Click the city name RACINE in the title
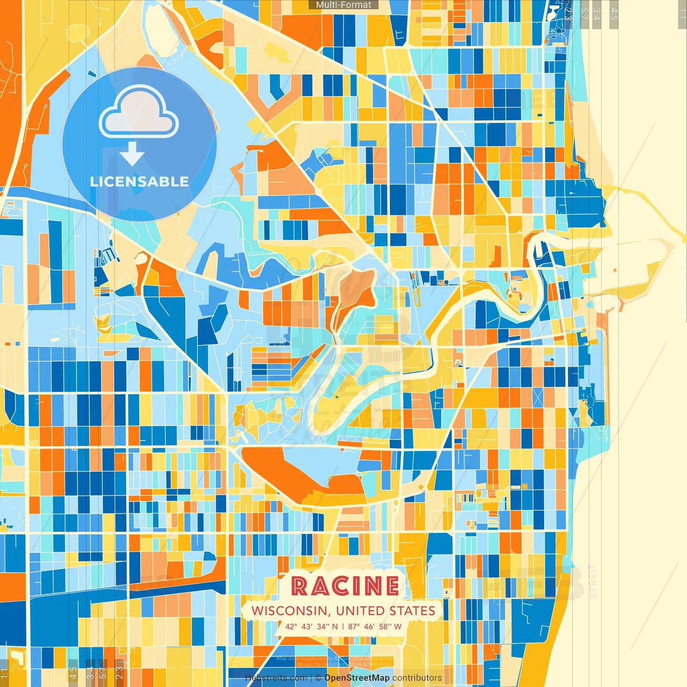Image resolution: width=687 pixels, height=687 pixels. click(x=345, y=586)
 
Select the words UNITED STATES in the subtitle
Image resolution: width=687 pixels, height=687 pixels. click(x=385, y=611)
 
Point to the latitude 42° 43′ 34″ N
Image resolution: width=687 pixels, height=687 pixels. click(x=311, y=626)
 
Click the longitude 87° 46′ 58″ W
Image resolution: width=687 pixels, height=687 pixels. click(x=375, y=626)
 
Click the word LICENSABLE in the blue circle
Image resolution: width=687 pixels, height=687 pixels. click(x=140, y=181)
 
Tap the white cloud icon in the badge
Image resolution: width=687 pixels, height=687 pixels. click(x=139, y=113)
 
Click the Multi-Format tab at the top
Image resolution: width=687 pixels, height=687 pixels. click(x=343, y=5)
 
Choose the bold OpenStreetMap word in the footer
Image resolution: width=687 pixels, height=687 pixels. click(x=357, y=678)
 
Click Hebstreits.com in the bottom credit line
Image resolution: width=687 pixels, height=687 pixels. click(x=276, y=678)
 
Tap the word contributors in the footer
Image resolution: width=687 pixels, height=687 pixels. click(x=417, y=678)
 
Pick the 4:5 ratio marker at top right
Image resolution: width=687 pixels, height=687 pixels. click(x=614, y=14)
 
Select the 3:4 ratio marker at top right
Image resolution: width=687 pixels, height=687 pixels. click(x=597, y=14)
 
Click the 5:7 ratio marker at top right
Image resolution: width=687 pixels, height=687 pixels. click(x=583, y=14)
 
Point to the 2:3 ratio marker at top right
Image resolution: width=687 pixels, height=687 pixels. click(x=568, y=14)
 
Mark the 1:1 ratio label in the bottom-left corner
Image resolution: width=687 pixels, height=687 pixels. click(x=4, y=673)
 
